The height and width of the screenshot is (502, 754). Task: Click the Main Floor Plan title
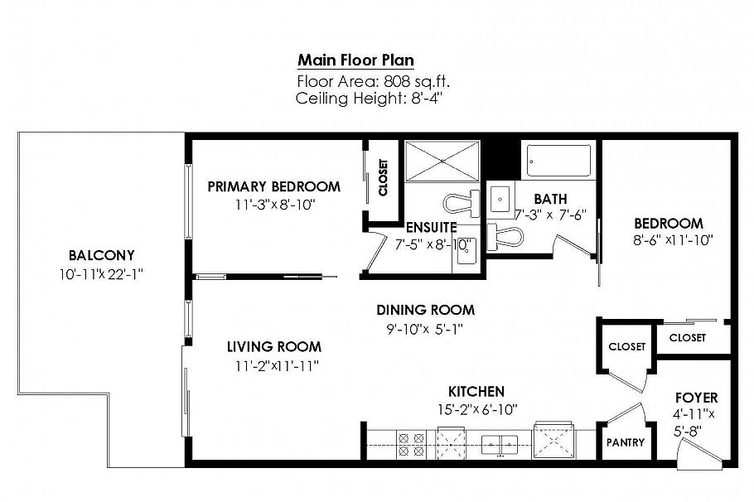click(x=355, y=60)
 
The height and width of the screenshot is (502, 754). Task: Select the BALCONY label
click(x=102, y=255)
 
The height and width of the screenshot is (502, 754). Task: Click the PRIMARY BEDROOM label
click(x=273, y=186)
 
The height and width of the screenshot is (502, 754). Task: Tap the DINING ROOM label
click(x=425, y=310)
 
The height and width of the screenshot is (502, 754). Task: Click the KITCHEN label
click(x=476, y=391)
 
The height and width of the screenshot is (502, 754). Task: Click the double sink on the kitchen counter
click(x=500, y=445)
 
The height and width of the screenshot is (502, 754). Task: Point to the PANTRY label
click(x=625, y=442)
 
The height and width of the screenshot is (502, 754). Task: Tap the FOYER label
click(x=696, y=398)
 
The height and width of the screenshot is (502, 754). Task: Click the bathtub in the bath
click(x=559, y=160)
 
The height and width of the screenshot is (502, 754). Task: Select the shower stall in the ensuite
click(x=442, y=160)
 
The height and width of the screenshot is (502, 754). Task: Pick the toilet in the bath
click(x=505, y=236)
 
